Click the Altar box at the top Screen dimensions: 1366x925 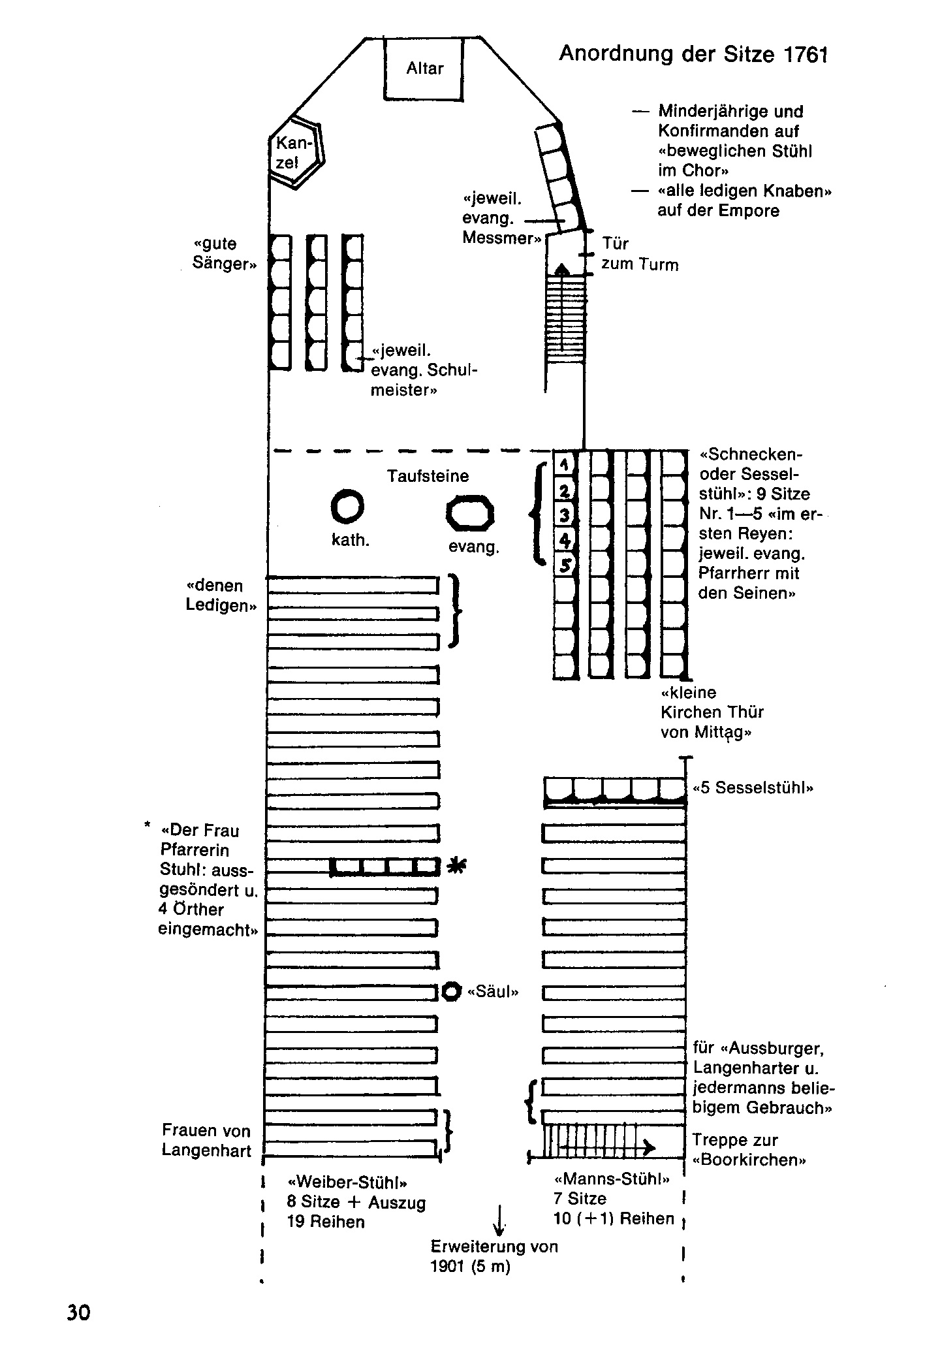tap(424, 69)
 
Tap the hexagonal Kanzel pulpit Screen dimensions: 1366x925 tap(296, 153)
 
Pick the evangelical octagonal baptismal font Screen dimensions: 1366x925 tap(470, 514)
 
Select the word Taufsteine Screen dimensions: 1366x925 tap(428, 475)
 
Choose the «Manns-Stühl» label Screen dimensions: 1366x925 tap(612, 1179)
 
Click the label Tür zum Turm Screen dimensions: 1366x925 tap(639, 254)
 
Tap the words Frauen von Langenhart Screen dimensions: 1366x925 tap(206, 1140)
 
